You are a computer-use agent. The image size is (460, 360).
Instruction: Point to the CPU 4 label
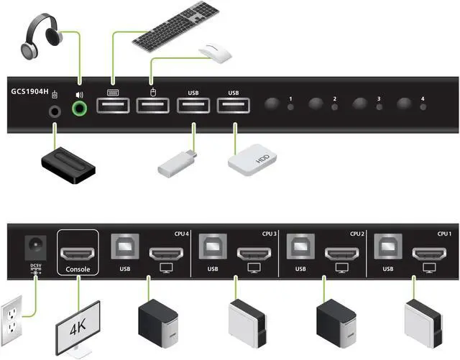coord(182,234)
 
